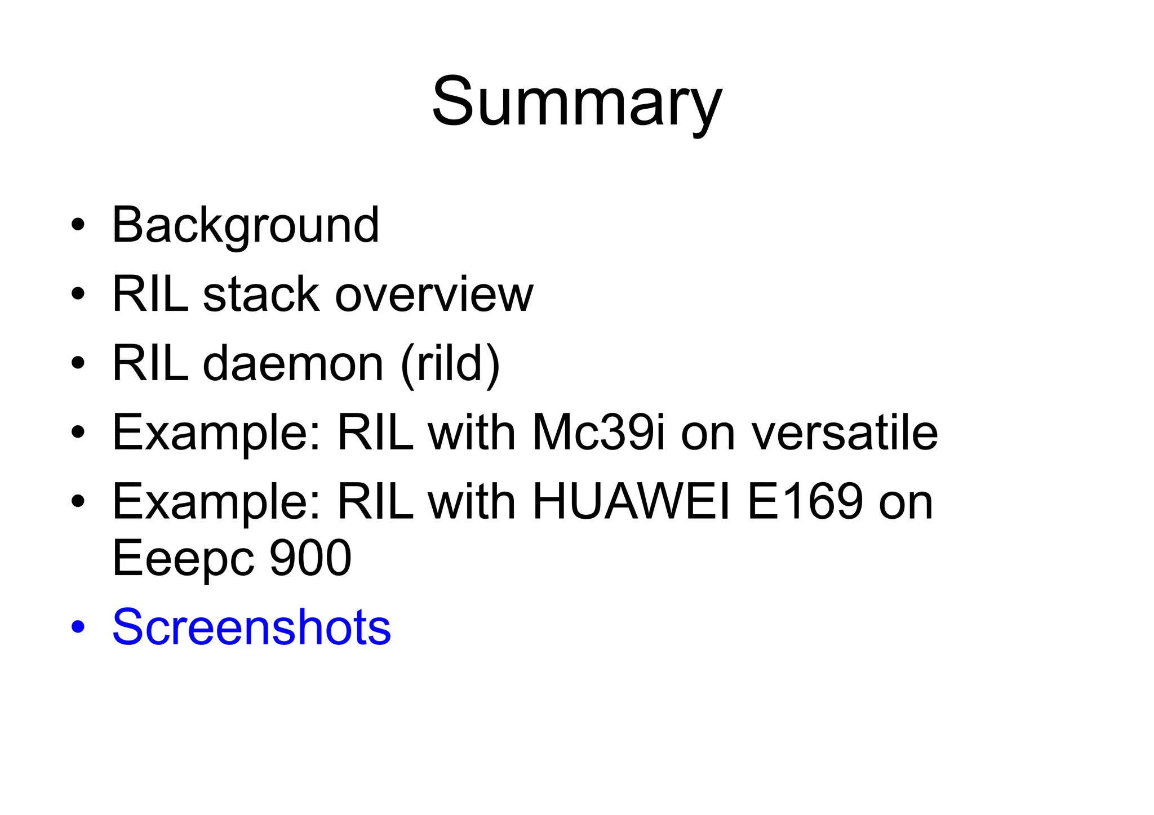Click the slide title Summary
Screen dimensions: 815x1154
tap(576, 103)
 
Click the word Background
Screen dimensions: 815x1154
tap(246, 225)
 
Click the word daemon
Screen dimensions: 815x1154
tap(293, 363)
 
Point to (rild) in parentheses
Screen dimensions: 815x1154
tap(450, 363)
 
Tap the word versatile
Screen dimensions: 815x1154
tap(845, 433)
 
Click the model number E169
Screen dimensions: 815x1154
tap(805, 501)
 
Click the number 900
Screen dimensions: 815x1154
tap(310, 558)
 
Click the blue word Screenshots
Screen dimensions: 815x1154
tap(251, 627)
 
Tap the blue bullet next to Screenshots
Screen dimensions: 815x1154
tap(78, 627)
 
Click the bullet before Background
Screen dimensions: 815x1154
tap(78, 226)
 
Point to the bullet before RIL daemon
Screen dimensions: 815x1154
tap(78, 364)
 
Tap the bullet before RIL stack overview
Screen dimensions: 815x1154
tap(78, 295)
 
